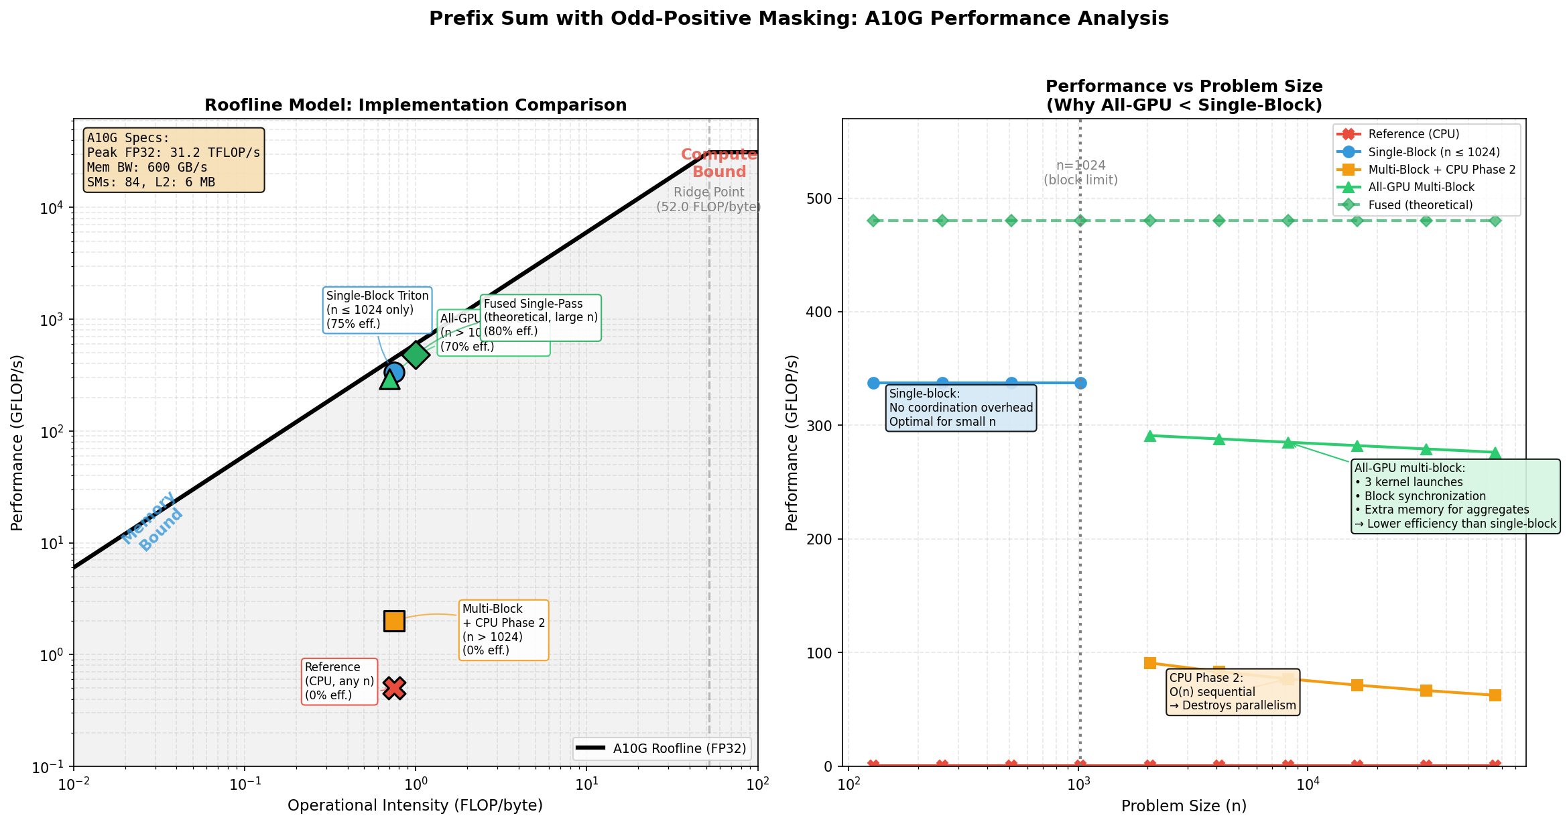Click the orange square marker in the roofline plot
(x=394, y=621)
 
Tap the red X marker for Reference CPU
(x=394, y=688)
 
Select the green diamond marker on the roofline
(x=416, y=354)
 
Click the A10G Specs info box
(x=174, y=160)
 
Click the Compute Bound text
(x=718, y=163)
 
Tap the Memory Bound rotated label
(x=153, y=522)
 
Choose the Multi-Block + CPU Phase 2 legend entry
(x=1441, y=170)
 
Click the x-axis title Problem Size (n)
(x=1184, y=806)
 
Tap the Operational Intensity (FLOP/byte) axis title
(x=415, y=805)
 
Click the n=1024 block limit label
(x=1080, y=172)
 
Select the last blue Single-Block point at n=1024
(x=1080, y=383)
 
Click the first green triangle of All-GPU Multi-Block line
(x=1150, y=436)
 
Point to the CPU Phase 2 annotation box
(x=1233, y=691)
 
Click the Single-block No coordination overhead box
(x=960, y=408)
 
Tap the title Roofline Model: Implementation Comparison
(x=416, y=105)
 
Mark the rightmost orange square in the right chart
(x=1495, y=695)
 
